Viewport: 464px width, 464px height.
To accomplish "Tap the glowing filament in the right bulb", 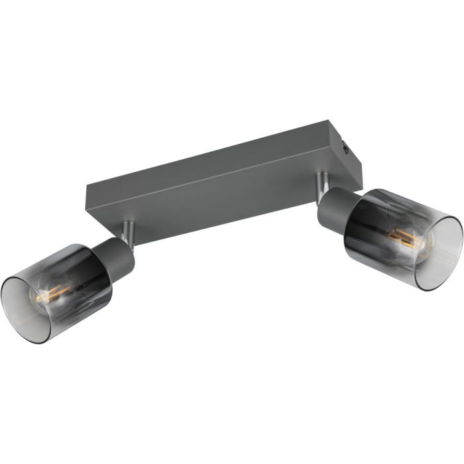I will coord(406,237).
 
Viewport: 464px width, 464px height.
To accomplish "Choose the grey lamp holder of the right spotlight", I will coord(335,205).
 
